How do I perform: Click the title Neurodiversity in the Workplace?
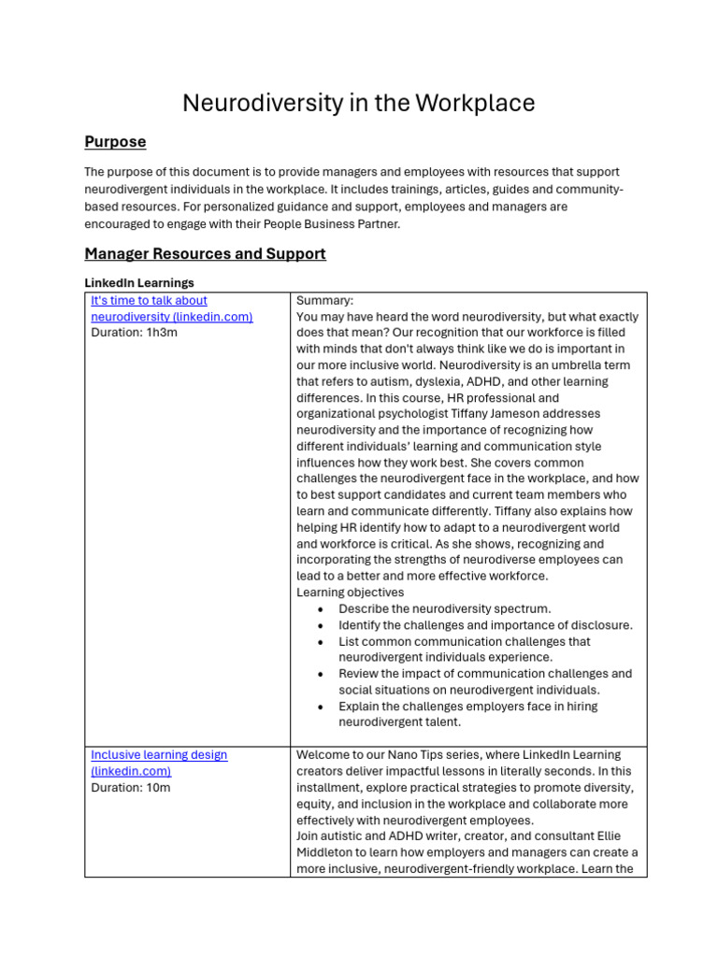(x=358, y=103)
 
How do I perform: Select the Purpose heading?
(x=115, y=142)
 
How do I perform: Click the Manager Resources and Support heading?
(x=205, y=254)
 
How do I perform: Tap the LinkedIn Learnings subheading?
(x=139, y=282)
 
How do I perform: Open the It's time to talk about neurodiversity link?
(x=171, y=308)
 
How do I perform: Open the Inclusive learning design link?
(x=158, y=763)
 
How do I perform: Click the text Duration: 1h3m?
(x=134, y=333)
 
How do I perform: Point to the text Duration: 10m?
(x=131, y=787)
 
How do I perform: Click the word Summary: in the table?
(x=324, y=301)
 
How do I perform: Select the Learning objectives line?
(x=350, y=593)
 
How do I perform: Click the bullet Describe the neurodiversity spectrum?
(x=444, y=608)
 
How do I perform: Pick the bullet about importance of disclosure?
(x=484, y=625)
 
